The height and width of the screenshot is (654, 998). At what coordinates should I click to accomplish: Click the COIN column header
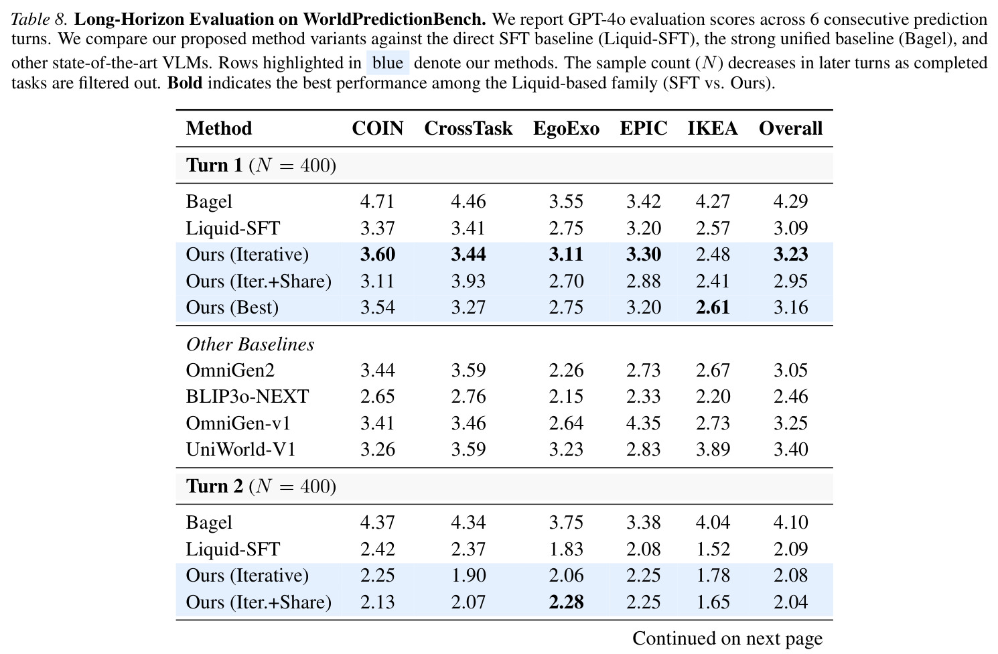tap(377, 129)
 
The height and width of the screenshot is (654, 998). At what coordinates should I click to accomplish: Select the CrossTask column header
tap(468, 129)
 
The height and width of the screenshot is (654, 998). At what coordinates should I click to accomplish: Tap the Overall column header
tap(790, 129)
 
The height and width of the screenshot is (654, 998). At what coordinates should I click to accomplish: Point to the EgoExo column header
tap(566, 129)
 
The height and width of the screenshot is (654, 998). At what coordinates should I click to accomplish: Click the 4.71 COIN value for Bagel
tap(377, 202)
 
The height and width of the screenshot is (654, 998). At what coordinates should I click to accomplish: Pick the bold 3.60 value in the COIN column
tap(377, 255)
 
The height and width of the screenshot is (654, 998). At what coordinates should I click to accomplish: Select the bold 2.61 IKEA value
tap(713, 308)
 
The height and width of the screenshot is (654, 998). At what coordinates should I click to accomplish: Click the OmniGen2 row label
tap(230, 371)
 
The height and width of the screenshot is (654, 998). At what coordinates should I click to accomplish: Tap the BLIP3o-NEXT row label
tap(247, 397)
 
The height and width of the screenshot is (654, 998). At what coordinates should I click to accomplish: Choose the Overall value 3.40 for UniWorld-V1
tap(790, 450)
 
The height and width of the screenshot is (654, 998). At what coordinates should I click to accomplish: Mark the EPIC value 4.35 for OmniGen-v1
tap(644, 423)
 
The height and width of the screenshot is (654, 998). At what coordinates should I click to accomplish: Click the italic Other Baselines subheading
tap(250, 344)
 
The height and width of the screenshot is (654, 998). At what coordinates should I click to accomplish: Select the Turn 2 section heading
tap(261, 486)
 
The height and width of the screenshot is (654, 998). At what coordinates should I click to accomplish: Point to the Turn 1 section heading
tap(261, 166)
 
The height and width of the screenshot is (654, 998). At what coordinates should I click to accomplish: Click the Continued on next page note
tap(727, 639)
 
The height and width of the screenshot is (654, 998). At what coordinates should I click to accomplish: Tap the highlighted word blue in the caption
tap(388, 63)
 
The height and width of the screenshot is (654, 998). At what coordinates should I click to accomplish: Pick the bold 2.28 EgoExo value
tap(566, 602)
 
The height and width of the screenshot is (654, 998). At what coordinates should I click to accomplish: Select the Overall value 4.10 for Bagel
tap(790, 523)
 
